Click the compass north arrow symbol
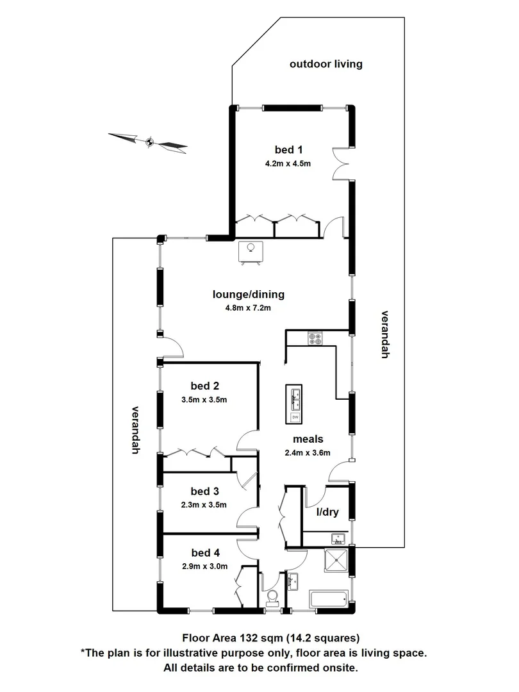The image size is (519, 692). (x=149, y=142)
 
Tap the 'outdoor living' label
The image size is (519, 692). (x=325, y=63)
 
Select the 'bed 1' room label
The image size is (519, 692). (x=288, y=150)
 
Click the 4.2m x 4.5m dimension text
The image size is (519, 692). (x=288, y=163)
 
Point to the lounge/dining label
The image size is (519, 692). (x=248, y=295)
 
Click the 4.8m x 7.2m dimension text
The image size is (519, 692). (x=248, y=308)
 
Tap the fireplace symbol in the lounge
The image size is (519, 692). (x=251, y=251)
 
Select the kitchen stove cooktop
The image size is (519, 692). (x=315, y=338)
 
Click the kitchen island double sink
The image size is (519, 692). (x=295, y=399)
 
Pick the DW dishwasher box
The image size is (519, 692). (x=295, y=417)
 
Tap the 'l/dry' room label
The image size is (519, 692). (x=327, y=513)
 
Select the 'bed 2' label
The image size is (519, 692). (x=205, y=386)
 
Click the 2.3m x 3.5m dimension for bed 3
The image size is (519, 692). (x=205, y=505)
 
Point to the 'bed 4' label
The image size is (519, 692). (x=205, y=552)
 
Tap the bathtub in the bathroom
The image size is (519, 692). (x=329, y=600)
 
